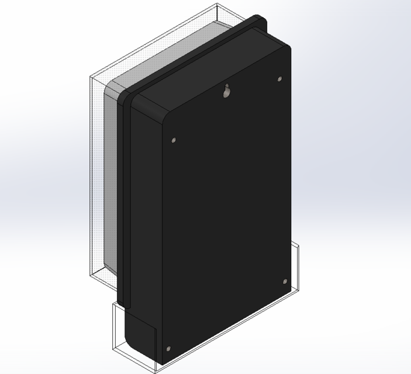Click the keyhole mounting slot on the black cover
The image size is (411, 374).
tap(227, 91)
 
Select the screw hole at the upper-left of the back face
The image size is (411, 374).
tap(174, 140)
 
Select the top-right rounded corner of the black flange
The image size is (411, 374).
tap(257, 18)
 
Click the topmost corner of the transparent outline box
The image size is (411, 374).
tap(216, 4)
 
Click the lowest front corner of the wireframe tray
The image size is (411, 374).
tap(155, 372)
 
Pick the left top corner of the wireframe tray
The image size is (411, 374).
tap(113, 303)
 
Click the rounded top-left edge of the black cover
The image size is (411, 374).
tap(146, 105)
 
